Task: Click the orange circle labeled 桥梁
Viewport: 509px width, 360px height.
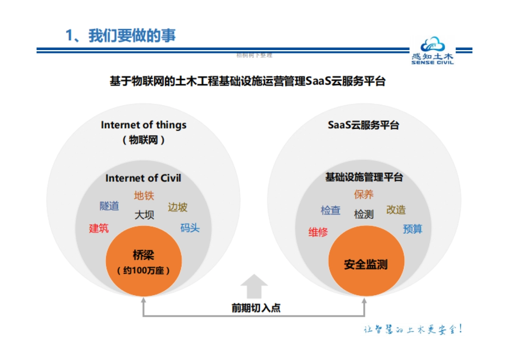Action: [143, 261]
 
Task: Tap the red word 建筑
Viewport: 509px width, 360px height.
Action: [99, 228]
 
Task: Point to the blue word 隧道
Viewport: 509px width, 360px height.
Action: [109, 206]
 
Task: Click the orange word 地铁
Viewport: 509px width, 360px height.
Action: [144, 195]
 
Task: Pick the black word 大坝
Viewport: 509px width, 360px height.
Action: [144, 215]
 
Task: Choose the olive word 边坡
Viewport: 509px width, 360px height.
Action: [177, 207]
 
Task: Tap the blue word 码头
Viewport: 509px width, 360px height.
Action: [190, 228]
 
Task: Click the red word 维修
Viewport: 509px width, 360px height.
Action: [318, 232]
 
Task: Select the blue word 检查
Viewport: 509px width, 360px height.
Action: [330, 210]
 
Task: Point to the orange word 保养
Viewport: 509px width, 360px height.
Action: [364, 195]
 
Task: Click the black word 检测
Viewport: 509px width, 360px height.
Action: [364, 215]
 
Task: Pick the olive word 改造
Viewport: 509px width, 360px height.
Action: [396, 210]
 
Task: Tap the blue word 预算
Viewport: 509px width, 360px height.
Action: [412, 229]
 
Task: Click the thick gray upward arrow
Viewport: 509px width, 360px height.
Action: [254, 287]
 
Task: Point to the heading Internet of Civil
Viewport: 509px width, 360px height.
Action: [143, 178]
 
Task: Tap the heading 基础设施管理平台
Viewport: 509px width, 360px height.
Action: [364, 177]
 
